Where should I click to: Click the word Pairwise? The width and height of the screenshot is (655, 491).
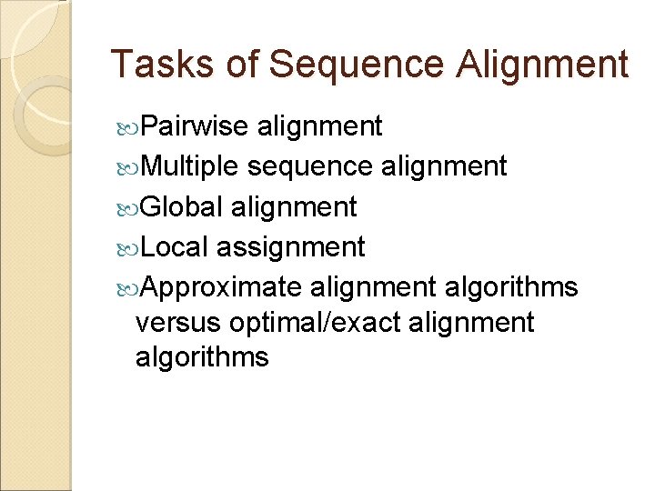pyautogui.click(x=196, y=125)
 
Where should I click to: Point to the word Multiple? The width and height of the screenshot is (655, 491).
pyautogui.click(x=191, y=165)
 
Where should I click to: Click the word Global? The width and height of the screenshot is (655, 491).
pyautogui.click(x=183, y=206)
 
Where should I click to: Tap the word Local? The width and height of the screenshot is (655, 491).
pyautogui.click(x=176, y=246)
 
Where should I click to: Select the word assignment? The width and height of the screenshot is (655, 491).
pyautogui.click(x=291, y=246)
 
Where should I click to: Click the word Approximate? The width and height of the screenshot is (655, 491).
pyautogui.click(x=222, y=287)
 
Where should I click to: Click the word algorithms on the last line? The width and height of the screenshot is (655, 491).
pyautogui.click(x=202, y=356)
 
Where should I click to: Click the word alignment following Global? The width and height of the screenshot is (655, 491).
pyautogui.click(x=295, y=206)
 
